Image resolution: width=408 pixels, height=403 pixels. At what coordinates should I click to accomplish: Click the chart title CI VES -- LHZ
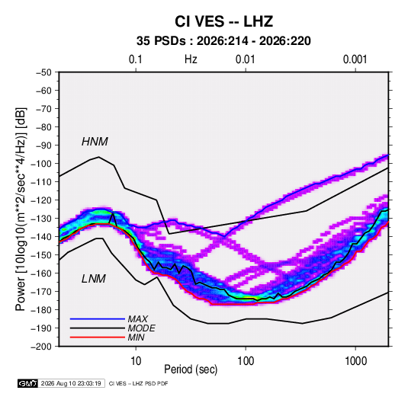coord(223,21)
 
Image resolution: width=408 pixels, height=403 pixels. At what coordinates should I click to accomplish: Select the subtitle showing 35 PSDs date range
coord(223,41)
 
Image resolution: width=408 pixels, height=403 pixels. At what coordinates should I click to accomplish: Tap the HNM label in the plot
coord(95,142)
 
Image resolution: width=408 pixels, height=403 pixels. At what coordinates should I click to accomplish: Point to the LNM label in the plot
coord(94,279)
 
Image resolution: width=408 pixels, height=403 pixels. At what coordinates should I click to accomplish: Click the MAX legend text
coord(138,319)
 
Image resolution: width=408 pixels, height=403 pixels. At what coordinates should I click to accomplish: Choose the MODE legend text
coord(142,328)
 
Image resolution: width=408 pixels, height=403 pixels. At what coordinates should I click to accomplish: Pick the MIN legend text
coord(136,337)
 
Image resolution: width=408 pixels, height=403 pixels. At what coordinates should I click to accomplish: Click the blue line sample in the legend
coord(98,319)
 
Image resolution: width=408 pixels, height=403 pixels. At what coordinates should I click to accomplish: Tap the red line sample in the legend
coord(98,337)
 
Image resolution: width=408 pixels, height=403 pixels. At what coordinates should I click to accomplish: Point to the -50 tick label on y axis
coord(43,72)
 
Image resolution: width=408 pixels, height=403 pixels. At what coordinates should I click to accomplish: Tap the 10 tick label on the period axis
coord(136,361)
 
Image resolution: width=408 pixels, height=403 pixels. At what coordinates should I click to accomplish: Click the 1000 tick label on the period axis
coord(355,361)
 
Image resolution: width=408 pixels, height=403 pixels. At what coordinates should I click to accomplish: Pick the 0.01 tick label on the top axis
coord(246,59)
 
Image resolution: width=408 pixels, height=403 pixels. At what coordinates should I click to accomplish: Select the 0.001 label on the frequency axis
coord(355,59)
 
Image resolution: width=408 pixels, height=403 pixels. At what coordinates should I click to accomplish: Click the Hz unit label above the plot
coord(191,59)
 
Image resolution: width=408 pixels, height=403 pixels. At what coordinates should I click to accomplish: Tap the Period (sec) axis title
coord(191,369)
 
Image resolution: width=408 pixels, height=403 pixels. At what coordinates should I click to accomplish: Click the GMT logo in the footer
coord(28,383)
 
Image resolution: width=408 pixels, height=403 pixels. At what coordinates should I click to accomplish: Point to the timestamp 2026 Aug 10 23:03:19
coord(71,383)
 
